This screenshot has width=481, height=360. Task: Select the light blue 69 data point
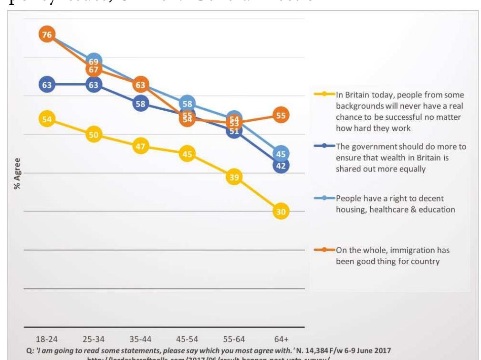click(94, 61)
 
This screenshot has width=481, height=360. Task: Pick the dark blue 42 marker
click(281, 166)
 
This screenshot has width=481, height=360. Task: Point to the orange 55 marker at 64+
click(281, 115)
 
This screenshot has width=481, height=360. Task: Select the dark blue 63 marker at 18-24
click(47, 85)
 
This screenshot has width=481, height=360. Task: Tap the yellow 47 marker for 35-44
click(140, 147)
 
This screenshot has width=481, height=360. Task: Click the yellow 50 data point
click(94, 135)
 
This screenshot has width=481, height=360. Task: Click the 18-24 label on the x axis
click(47, 339)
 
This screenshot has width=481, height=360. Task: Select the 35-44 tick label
click(141, 339)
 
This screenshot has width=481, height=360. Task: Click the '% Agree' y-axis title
click(18, 173)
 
